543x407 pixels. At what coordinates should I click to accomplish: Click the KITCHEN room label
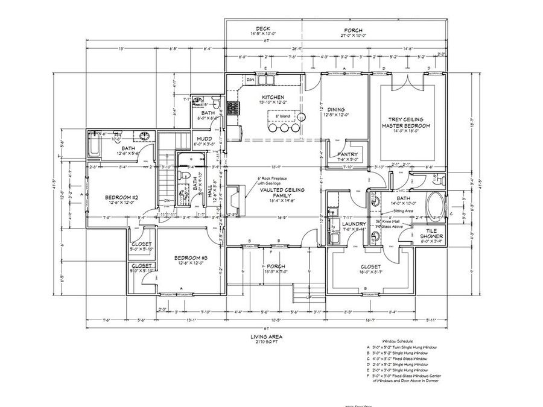click(x=273, y=97)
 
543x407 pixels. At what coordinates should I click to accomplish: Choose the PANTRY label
click(x=348, y=154)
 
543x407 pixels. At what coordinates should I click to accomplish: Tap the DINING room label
click(x=336, y=109)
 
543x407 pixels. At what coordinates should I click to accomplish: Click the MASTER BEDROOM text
click(x=405, y=125)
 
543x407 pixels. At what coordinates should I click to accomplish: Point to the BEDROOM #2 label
click(x=122, y=197)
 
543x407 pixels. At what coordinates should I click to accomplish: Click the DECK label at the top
click(x=262, y=29)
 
